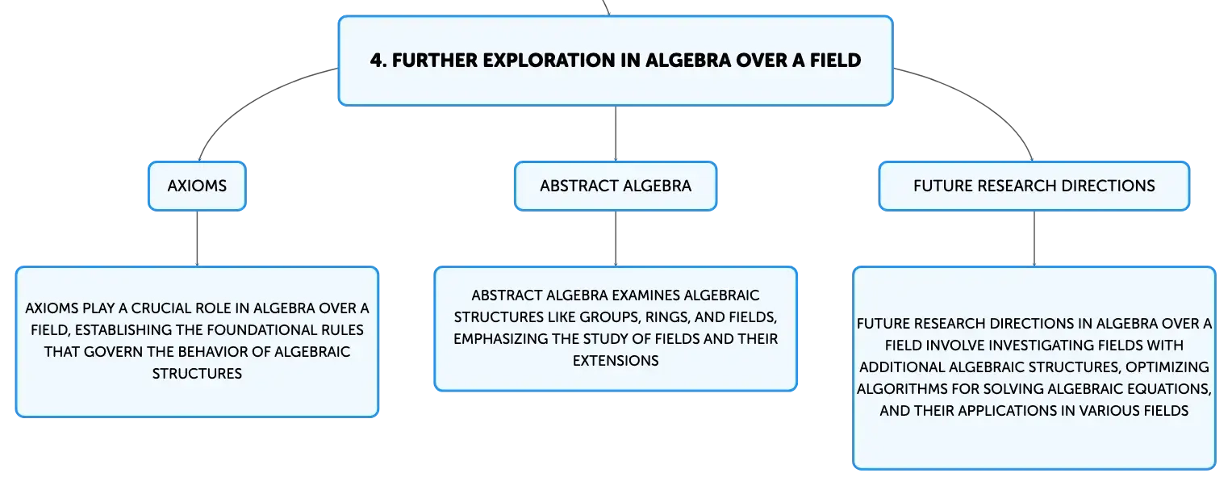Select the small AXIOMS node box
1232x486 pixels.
(x=197, y=186)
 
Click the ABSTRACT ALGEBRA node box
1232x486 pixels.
(x=616, y=186)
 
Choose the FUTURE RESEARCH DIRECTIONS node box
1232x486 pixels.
(x=1034, y=186)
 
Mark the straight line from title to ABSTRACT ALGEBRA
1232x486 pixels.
(x=616, y=133)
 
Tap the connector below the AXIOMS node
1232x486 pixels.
(x=197, y=238)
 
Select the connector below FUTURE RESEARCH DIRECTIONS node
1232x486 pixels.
(x=1034, y=238)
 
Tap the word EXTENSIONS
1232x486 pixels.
(x=616, y=361)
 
